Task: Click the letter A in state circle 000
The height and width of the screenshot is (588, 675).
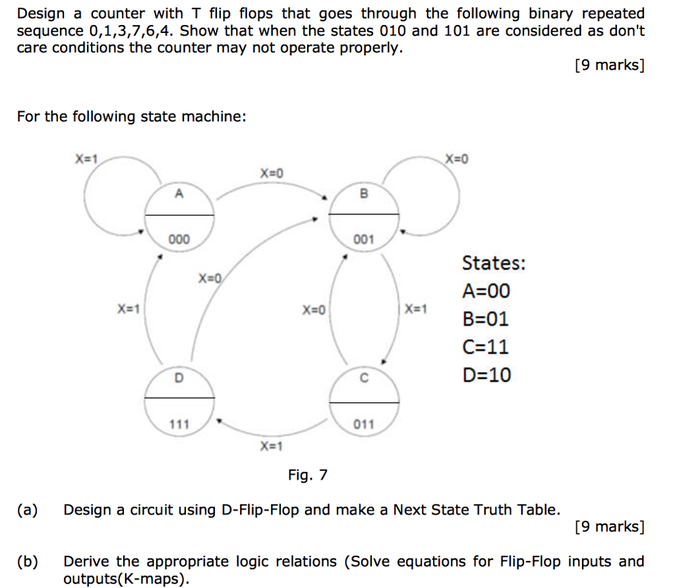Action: [179, 194]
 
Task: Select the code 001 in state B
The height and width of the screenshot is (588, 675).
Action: [364, 239]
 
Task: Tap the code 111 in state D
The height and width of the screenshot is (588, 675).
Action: [179, 425]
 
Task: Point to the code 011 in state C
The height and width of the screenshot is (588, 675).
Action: [364, 425]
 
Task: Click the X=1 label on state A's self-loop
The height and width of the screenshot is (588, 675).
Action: [86, 159]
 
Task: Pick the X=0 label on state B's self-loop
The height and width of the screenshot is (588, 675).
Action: [457, 159]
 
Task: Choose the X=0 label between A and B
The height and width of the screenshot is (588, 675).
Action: [272, 173]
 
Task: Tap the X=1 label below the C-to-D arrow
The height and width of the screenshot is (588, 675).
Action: [271, 446]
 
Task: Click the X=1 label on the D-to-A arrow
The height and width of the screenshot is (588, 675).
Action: [129, 309]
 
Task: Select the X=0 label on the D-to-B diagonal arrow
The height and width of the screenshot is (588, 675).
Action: [210, 279]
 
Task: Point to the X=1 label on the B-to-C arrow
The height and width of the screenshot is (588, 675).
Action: [416, 309]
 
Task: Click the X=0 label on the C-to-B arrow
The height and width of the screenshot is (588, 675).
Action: [314, 309]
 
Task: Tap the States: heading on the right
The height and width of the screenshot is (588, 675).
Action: [494, 263]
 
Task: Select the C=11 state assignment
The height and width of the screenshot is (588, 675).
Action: [486, 347]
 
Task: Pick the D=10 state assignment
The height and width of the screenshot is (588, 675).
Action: [487, 375]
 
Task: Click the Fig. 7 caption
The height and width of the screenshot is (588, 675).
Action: [308, 475]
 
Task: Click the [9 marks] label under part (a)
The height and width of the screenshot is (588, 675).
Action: [610, 527]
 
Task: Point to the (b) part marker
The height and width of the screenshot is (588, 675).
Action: [28, 561]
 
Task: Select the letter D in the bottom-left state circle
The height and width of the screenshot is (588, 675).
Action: [179, 378]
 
